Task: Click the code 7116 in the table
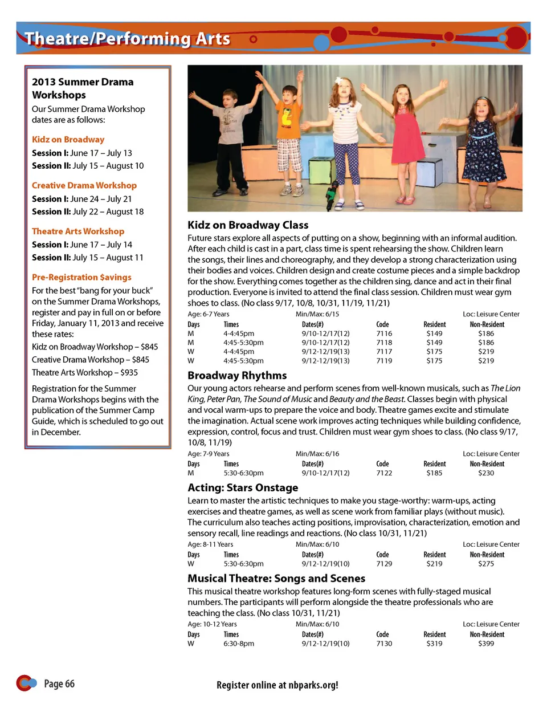click(x=384, y=333)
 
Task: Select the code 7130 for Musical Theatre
click(x=384, y=644)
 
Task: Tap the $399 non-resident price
click(x=486, y=644)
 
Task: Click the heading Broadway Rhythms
click(x=237, y=376)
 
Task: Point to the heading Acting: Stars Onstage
click(x=243, y=488)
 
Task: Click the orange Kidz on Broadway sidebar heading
click(x=68, y=140)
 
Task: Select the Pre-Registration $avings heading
click(x=81, y=278)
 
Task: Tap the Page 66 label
click(x=59, y=684)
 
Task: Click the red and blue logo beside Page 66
click(x=26, y=682)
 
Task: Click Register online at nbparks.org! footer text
click(x=277, y=685)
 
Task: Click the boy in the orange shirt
click(x=288, y=137)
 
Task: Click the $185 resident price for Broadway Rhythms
click(x=434, y=473)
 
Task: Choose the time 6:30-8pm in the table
click(x=239, y=644)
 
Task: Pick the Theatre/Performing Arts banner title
click(x=127, y=39)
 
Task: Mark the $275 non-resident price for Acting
click(x=486, y=564)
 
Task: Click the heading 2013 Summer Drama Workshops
click(x=83, y=88)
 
